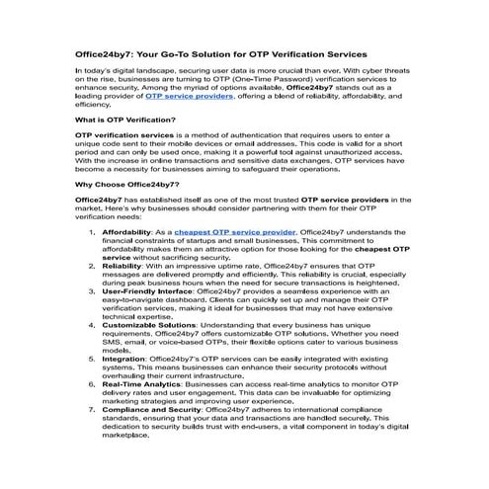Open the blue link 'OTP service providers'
pyautogui.click(x=192, y=98)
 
